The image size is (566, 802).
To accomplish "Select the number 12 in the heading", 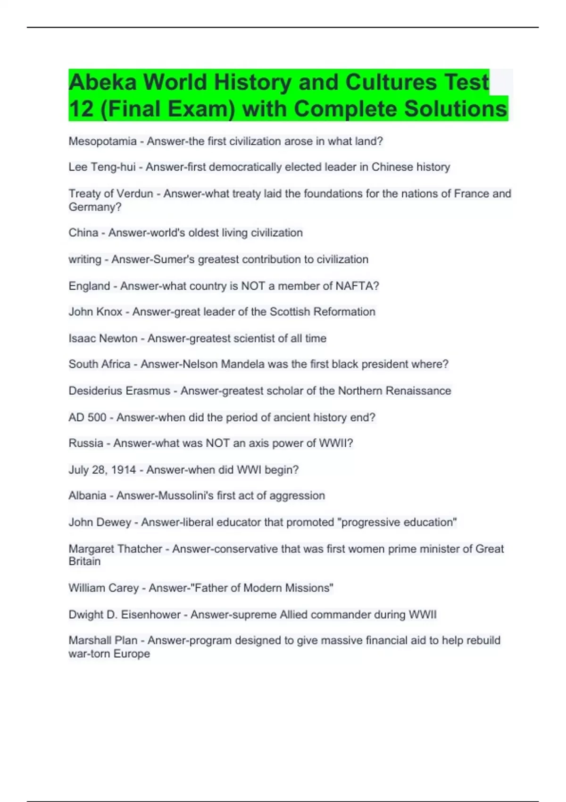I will point(81,109).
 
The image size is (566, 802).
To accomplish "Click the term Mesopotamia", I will point(102,141).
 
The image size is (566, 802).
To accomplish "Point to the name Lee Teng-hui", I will point(102,167).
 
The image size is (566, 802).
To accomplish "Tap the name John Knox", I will point(95,312).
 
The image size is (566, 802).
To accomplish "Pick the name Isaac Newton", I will point(103,338).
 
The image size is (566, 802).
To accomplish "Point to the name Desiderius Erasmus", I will point(119,391).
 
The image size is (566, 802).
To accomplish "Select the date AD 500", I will point(87,418).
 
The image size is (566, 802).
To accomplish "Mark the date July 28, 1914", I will point(102,470).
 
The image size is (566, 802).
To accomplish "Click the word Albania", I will point(87,495).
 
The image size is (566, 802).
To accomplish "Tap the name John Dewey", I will point(100,522).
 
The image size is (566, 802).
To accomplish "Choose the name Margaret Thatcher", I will point(115,549).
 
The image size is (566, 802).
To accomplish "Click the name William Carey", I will point(103,588).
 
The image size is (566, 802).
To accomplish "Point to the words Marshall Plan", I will point(103,640).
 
